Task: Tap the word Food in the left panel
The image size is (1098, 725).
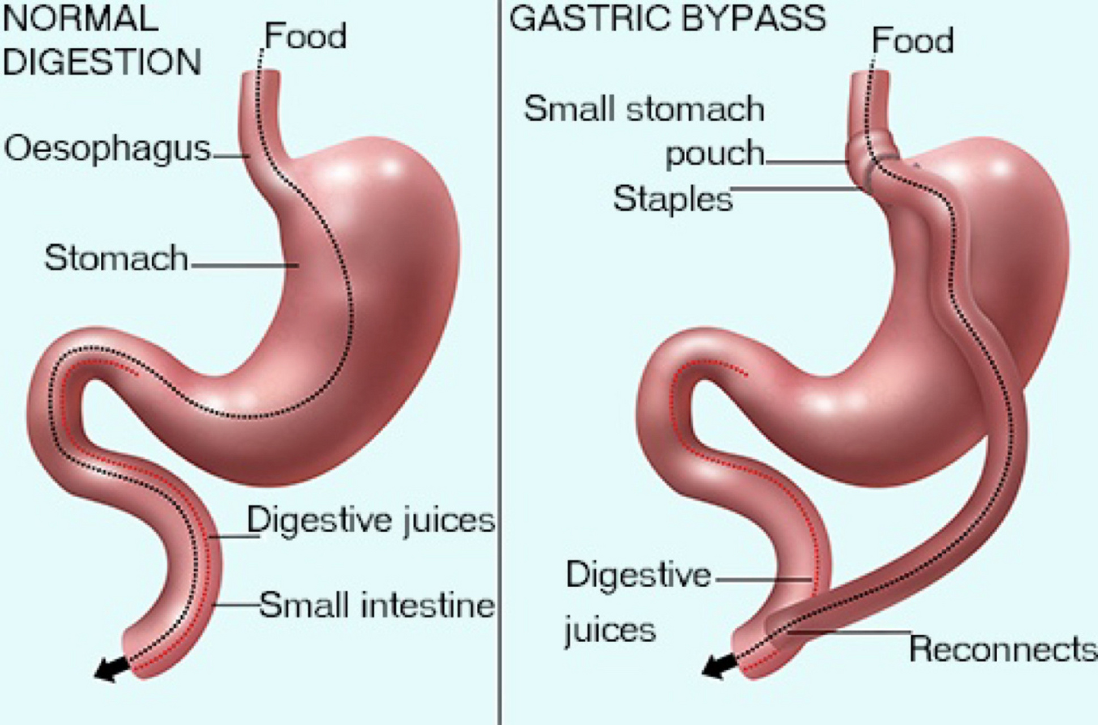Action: tap(306, 36)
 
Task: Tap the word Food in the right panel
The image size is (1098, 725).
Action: tap(912, 41)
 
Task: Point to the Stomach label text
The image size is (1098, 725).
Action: tap(116, 258)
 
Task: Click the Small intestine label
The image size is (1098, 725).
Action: tap(377, 605)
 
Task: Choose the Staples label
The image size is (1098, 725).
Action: tap(673, 199)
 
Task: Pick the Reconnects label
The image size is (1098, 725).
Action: tap(1002, 649)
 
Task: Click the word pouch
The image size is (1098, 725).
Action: tap(715, 153)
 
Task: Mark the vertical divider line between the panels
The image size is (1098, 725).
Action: tap(499, 362)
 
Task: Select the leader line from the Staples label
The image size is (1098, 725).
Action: tap(798, 188)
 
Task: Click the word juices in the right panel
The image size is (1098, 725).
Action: tap(609, 630)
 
